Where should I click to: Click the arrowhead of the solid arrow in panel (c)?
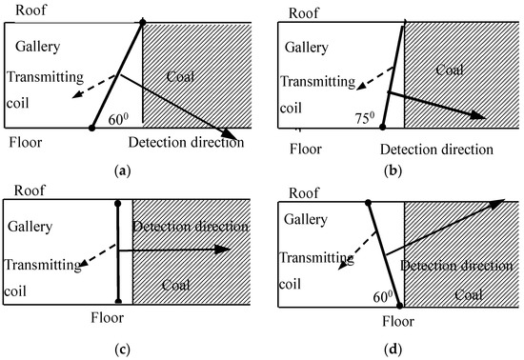click(x=225, y=250)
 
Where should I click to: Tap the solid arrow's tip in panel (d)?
click(x=502, y=201)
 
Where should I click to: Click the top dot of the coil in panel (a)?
click(x=143, y=21)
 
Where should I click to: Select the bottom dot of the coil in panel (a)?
click(x=91, y=127)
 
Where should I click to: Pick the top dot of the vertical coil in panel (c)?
click(x=117, y=203)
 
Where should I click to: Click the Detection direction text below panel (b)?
click(x=436, y=150)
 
